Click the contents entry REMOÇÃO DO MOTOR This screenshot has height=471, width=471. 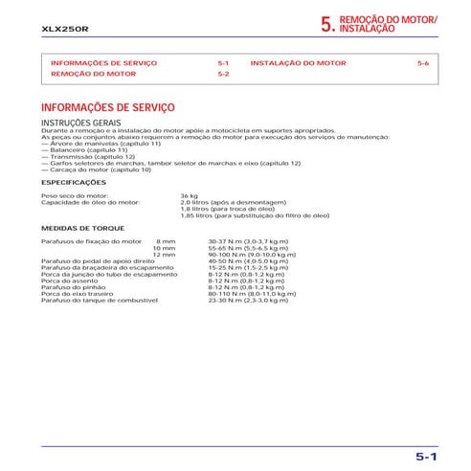[x=86, y=74]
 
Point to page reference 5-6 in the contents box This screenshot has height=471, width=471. [x=423, y=62]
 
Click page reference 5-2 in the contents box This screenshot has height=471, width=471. [x=223, y=74]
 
